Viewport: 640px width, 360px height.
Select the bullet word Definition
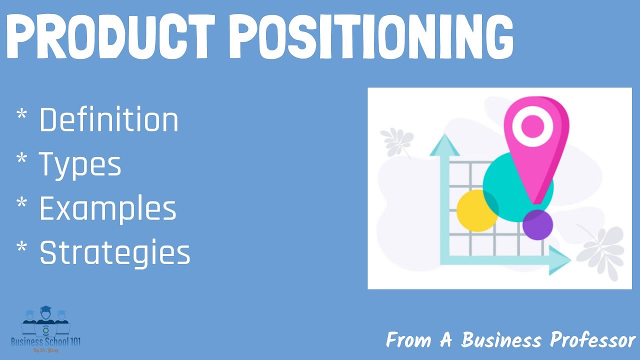108,120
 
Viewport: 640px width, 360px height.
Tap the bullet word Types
80,164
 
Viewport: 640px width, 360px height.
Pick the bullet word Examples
107,208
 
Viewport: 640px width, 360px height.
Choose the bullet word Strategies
114,253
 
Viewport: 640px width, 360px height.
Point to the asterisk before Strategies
22,249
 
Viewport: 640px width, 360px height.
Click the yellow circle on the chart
476,210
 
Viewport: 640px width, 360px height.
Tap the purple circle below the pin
537,224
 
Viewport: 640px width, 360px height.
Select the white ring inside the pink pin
531,125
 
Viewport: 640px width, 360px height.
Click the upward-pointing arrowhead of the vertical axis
444,145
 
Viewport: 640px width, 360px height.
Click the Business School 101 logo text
45,342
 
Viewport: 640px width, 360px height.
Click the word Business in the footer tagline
501,340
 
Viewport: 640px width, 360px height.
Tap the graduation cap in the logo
45,309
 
